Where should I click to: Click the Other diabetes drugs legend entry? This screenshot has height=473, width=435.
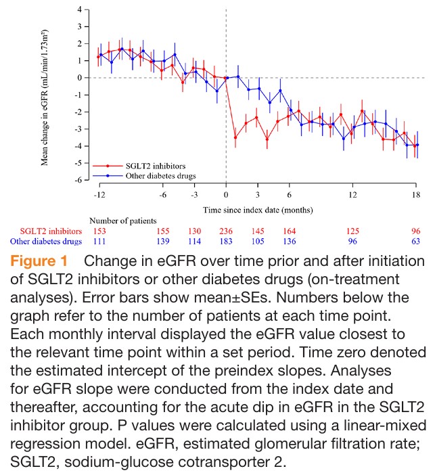click(x=158, y=175)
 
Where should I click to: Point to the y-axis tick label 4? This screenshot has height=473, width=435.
click(x=79, y=9)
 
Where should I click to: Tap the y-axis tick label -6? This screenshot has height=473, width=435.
click(x=78, y=180)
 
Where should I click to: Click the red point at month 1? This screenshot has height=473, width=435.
click(x=235, y=137)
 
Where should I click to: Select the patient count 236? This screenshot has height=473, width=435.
click(x=226, y=230)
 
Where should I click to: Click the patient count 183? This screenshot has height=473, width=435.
click(x=226, y=241)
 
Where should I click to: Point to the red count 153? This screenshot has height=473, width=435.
click(x=99, y=230)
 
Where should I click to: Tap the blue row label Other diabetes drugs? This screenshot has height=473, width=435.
click(x=45, y=241)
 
